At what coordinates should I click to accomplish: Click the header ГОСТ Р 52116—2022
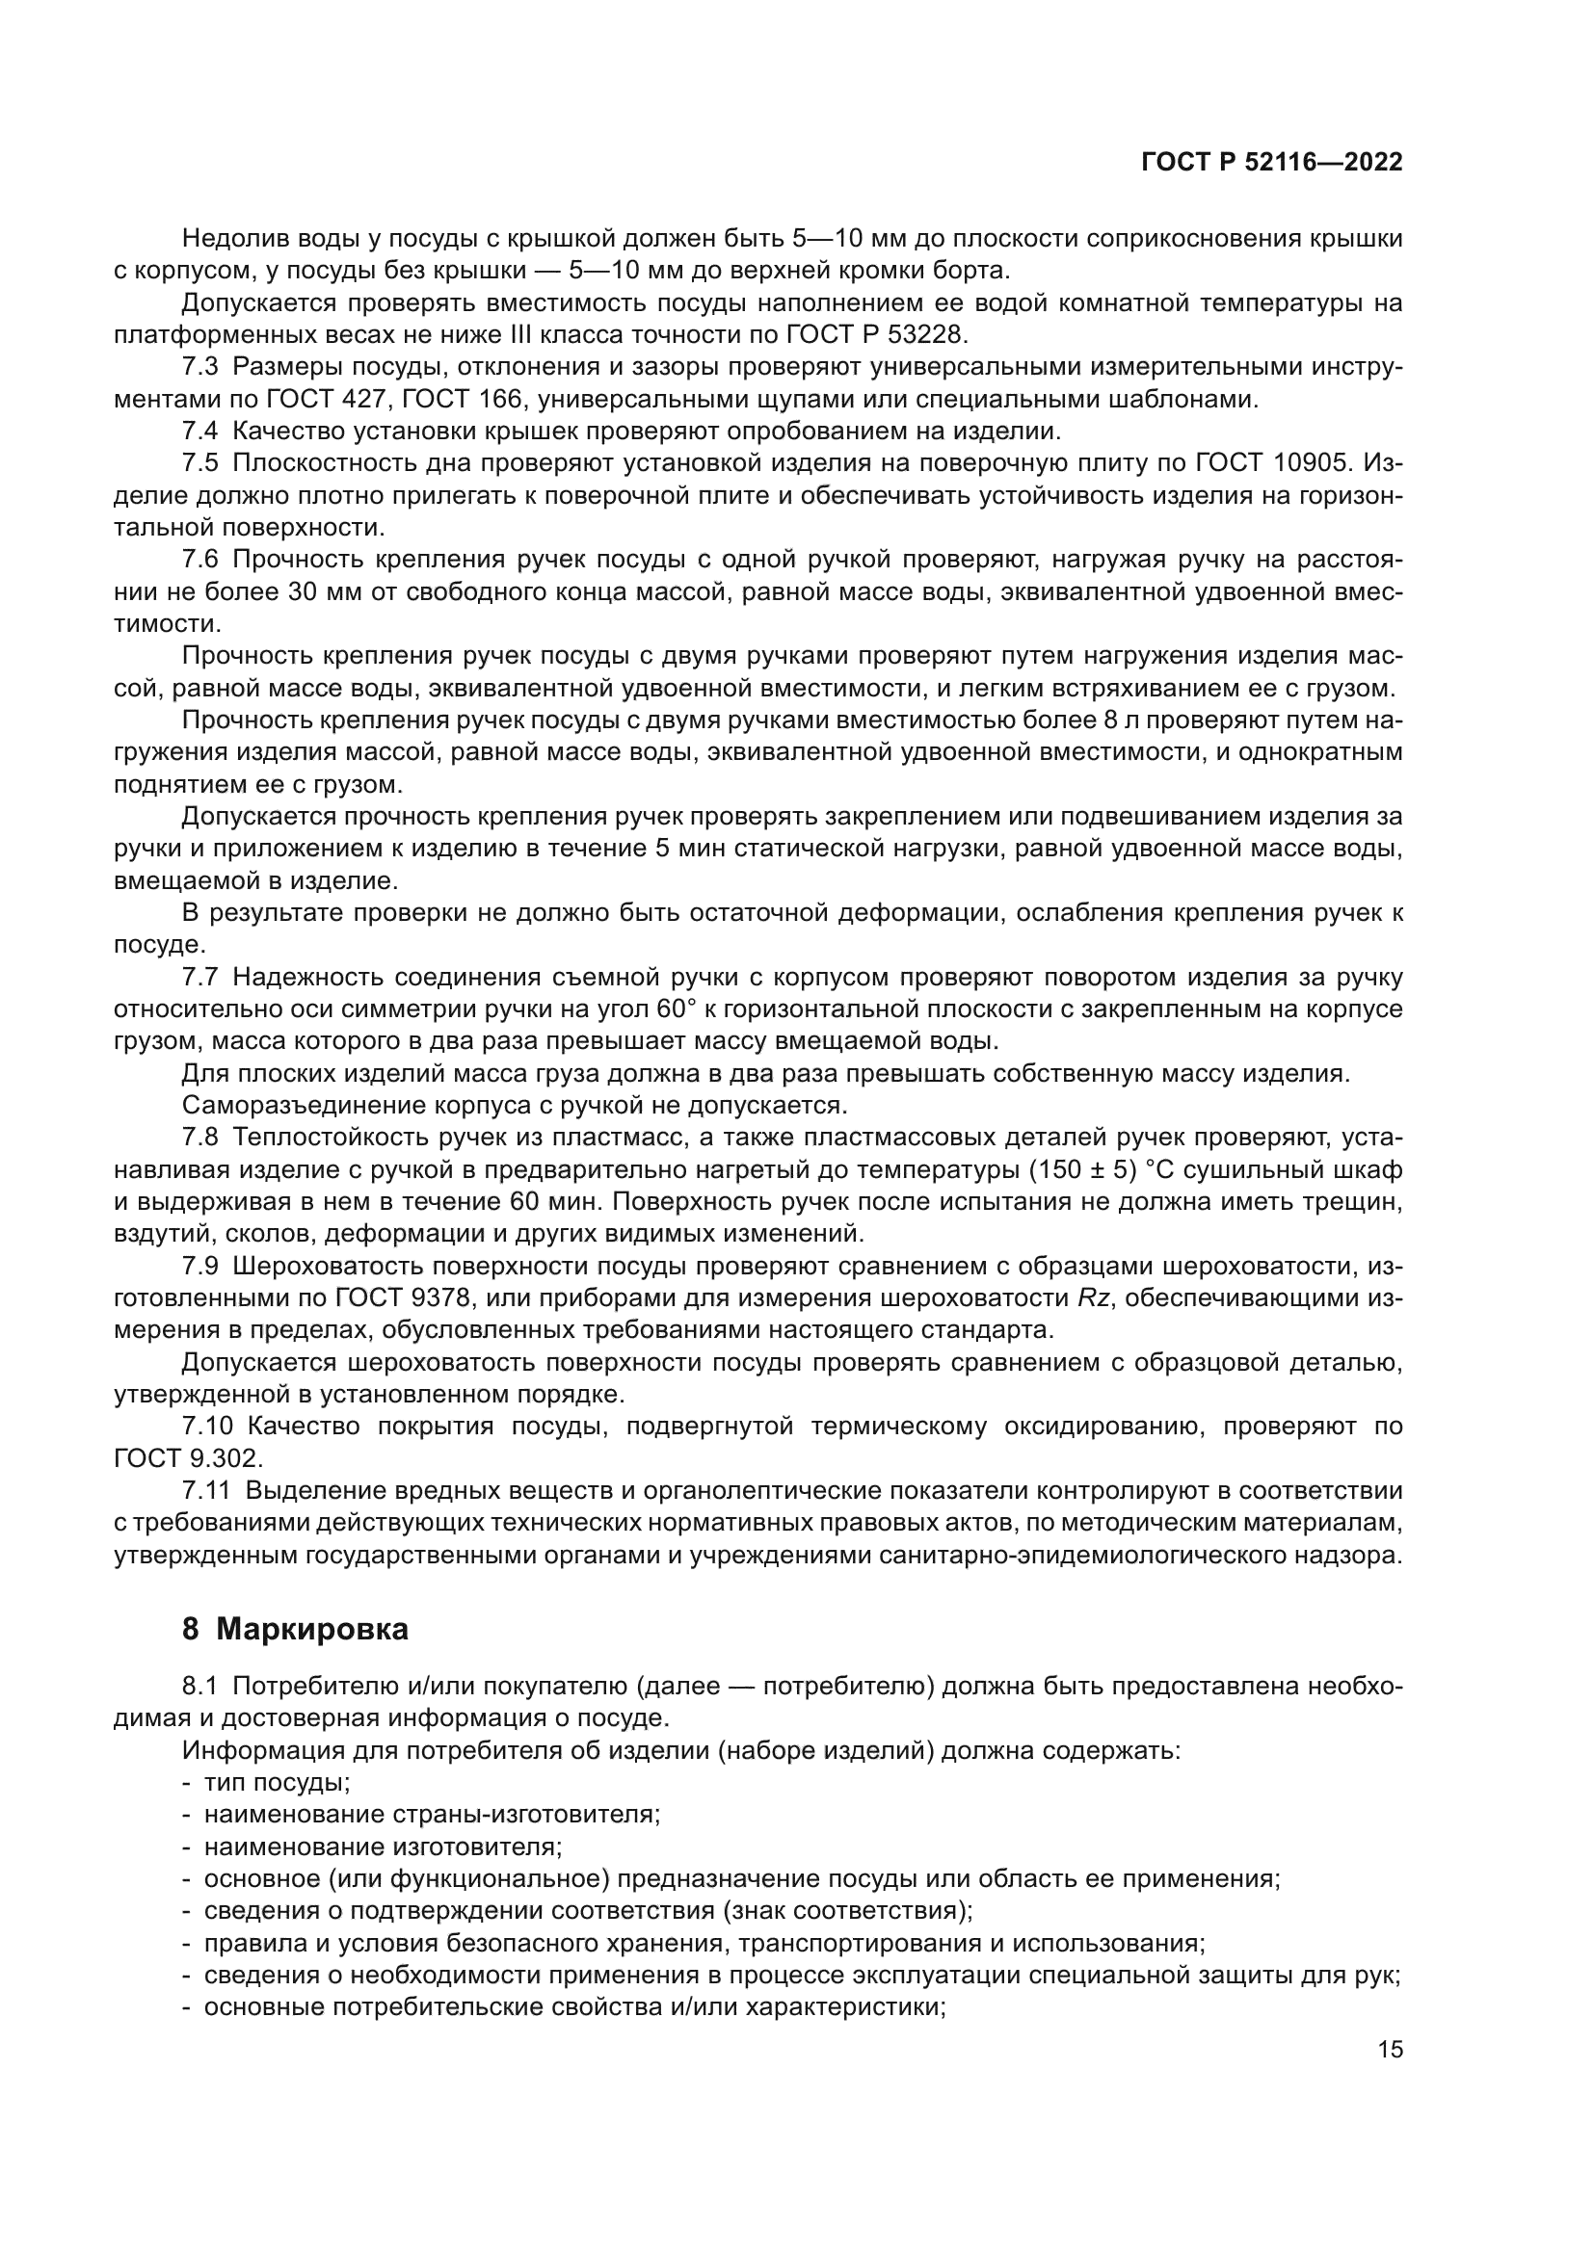(1271, 163)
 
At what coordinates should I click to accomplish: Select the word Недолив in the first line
(229, 239)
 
